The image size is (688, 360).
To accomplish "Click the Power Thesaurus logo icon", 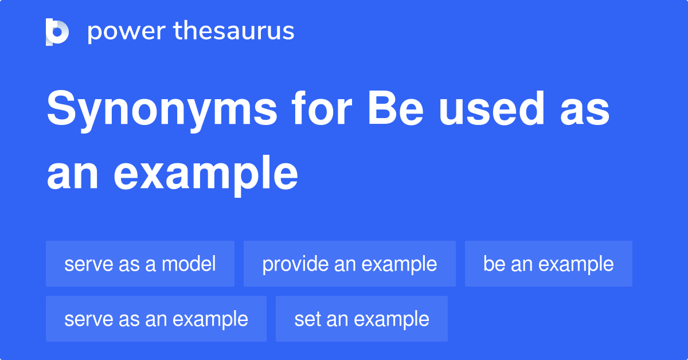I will coord(57,32).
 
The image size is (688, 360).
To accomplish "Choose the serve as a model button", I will coord(140,264).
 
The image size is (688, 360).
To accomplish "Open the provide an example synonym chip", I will coord(349,264).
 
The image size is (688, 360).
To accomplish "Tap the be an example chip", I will coord(548,264).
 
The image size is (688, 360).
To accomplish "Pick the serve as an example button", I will coord(156,319).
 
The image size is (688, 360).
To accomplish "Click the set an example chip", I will coord(361,319).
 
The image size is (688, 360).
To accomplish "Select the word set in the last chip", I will coord(307,319).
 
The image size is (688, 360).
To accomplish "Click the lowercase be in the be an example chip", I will coord(494,264).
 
